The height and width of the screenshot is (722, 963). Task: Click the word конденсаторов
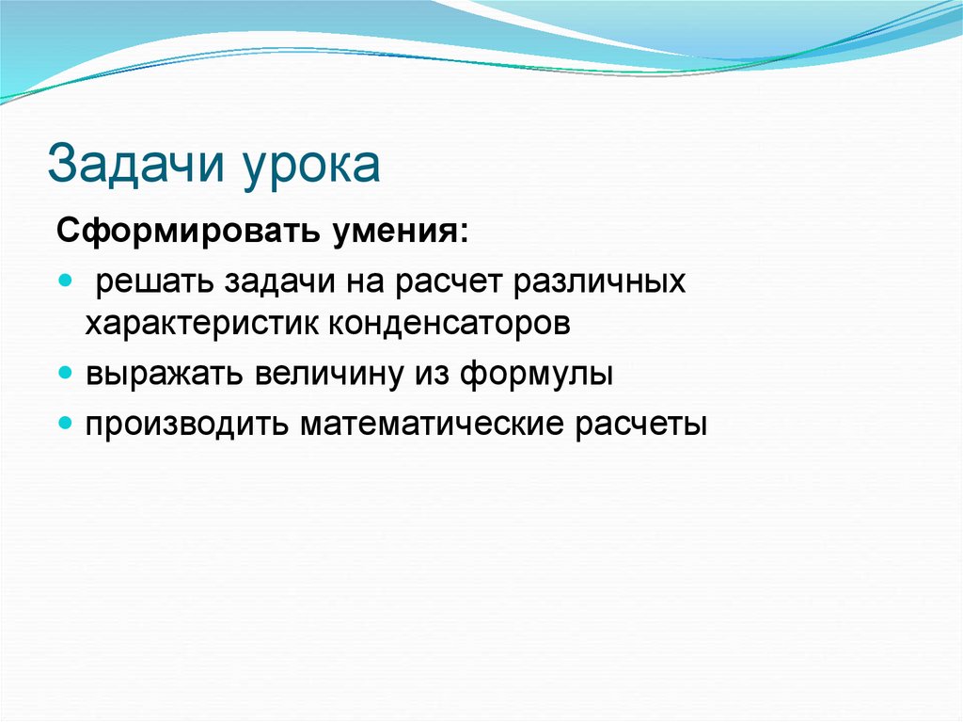coord(450,325)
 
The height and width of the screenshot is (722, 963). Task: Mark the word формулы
coord(537,374)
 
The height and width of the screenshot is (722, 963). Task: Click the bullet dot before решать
coord(65,281)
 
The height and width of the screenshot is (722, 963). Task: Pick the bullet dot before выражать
coord(65,373)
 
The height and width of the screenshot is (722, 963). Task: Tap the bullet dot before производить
coord(65,422)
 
